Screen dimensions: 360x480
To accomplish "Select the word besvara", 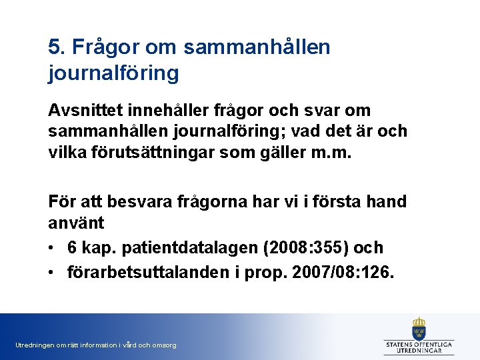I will click(x=136, y=201).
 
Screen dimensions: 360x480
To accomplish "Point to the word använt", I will click(x=74, y=222).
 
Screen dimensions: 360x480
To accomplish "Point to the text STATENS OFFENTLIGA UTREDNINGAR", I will click(x=419, y=347).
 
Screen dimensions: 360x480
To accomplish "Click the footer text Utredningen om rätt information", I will click(x=95, y=345).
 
